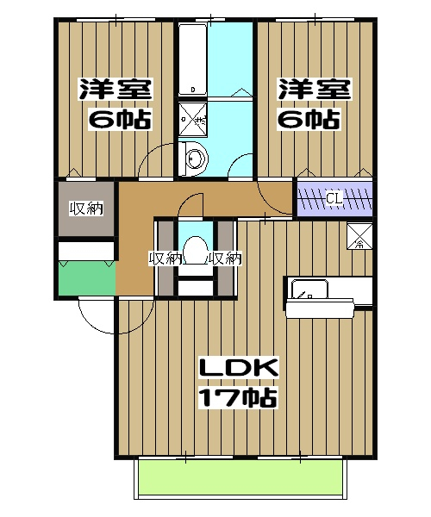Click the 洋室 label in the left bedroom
tap(116, 90)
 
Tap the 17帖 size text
tap(237, 397)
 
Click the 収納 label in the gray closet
tap(85, 209)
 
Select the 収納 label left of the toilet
tap(164, 258)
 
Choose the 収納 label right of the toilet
tap(224, 258)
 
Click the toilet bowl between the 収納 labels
tap(194, 249)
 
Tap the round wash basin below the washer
tap(196, 158)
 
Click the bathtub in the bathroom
tap(192, 60)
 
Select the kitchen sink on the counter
tap(309, 289)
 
